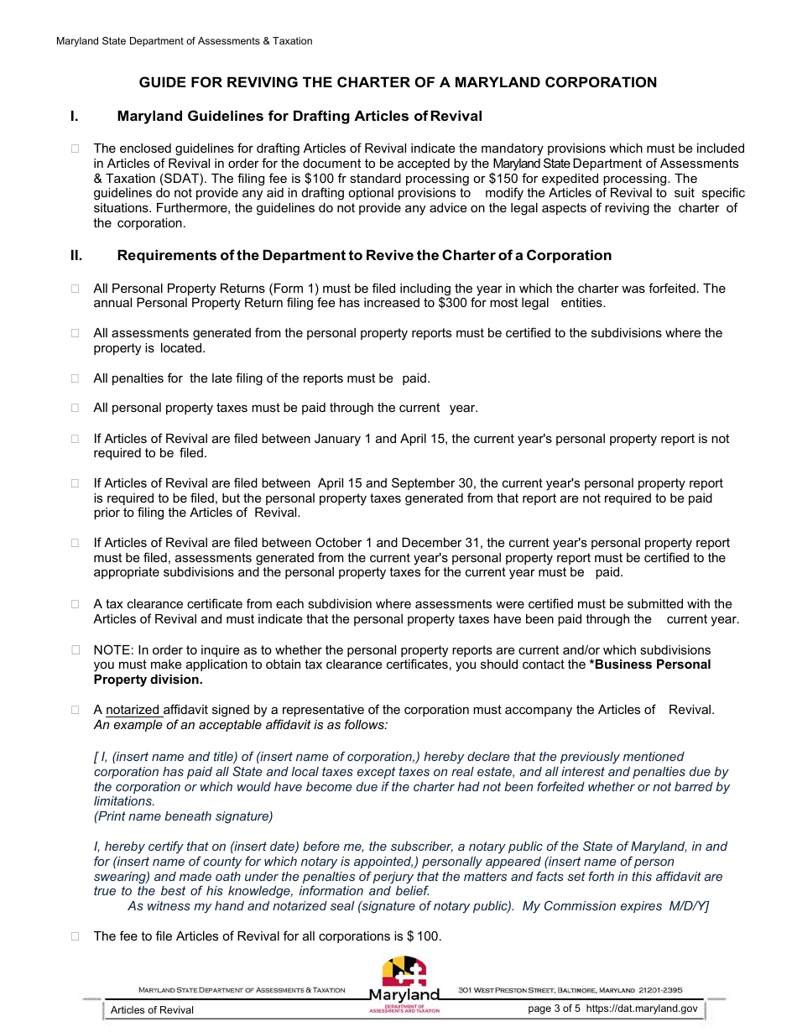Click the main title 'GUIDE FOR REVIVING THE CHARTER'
pos(398,82)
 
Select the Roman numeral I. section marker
pos(74,116)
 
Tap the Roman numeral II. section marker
pos(76,255)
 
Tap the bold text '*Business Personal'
pos(650,665)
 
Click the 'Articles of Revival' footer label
pos(152,1009)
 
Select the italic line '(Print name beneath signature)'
pos(184,816)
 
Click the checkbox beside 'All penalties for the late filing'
pos(76,378)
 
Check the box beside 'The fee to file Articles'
pos(76,936)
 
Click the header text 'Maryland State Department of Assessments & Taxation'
pos(184,41)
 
